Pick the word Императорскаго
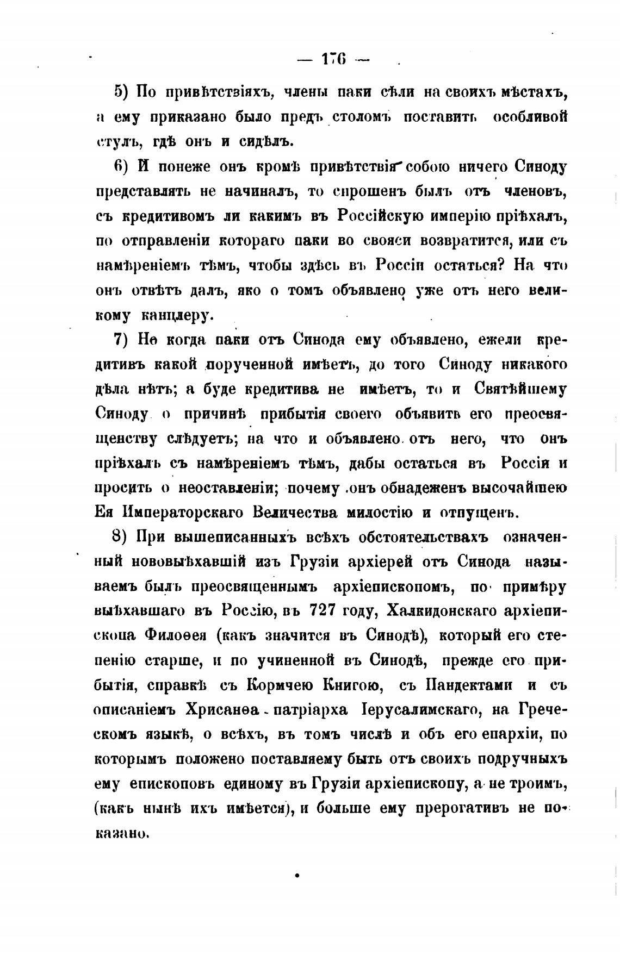click(185, 513)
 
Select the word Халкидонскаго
click(441, 611)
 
